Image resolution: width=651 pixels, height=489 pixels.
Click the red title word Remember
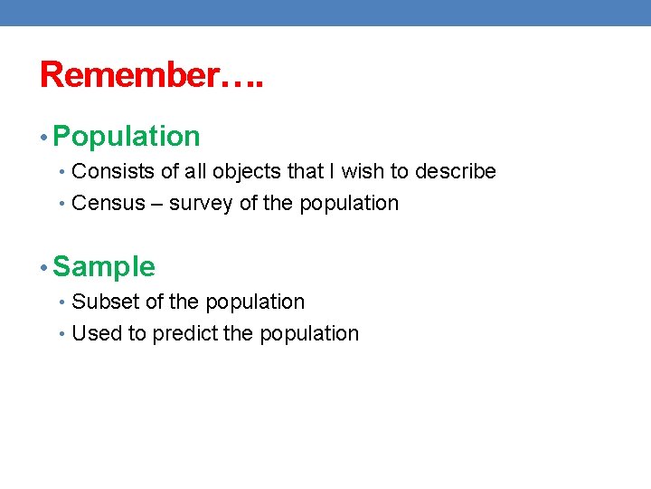point(129,75)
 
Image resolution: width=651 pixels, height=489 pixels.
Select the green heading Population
point(127,137)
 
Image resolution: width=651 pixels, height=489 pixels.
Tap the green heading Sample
point(104,267)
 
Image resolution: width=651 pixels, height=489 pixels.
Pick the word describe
point(456,172)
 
